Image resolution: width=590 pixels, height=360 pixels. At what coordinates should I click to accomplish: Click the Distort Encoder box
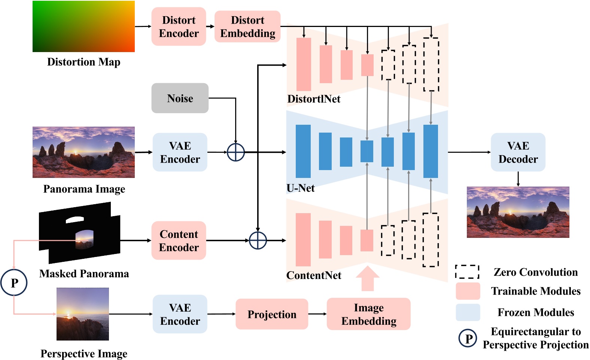point(179,27)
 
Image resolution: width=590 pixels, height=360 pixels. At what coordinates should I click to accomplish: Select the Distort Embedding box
point(247,27)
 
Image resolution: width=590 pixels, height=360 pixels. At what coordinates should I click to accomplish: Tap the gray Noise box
point(180,98)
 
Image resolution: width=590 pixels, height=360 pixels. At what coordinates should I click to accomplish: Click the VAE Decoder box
point(518,152)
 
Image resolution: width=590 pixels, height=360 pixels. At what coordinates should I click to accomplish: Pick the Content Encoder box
point(179,240)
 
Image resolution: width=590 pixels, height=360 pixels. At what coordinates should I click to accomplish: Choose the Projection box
point(272,314)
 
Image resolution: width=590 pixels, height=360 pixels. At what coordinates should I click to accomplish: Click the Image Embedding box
point(368,314)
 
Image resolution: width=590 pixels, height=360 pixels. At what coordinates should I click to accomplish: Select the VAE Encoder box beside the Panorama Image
point(180,152)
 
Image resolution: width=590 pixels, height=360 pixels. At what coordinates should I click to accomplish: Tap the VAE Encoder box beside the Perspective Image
point(180,314)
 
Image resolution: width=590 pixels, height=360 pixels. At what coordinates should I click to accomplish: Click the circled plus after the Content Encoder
point(258,240)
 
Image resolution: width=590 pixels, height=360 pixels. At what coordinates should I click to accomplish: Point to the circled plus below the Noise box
point(236,152)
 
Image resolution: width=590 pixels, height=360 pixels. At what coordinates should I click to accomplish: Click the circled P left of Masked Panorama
point(14,282)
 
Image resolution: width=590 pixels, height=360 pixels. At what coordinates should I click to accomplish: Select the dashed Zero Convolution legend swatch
point(467,272)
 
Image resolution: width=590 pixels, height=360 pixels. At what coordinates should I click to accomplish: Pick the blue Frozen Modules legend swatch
point(468,312)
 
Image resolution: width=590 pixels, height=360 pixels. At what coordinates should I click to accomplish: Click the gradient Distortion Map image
point(83,26)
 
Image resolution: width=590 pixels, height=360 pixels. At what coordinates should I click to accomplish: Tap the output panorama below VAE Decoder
point(518,212)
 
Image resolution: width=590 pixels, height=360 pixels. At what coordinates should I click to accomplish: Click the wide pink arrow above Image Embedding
point(367,279)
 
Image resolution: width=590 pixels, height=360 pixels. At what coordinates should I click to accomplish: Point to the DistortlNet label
point(314,99)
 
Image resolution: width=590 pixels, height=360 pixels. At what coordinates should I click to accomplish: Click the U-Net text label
point(301,188)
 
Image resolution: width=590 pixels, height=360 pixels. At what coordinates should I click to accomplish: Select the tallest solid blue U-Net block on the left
point(303,151)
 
